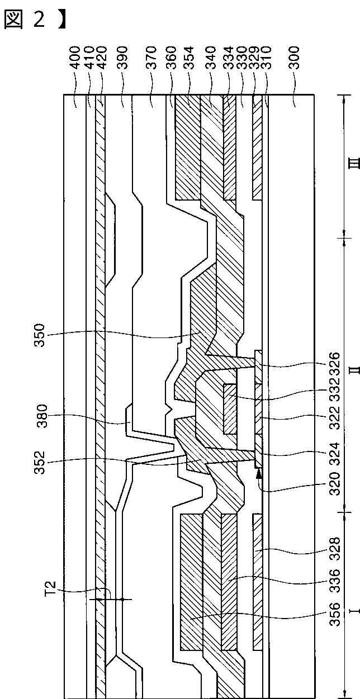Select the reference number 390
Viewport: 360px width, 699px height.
click(x=122, y=60)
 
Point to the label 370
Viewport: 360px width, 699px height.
click(x=151, y=60)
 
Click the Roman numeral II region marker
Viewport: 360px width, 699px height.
click(x=353, y=370)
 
